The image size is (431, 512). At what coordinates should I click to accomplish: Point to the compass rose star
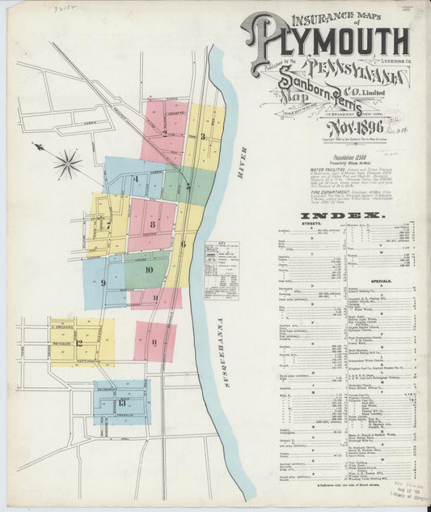click(x=67, y=163)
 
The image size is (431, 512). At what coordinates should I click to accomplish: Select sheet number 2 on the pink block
click(x=164, y=134)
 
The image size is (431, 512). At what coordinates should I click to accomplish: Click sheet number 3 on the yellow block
click(x=203, y=136)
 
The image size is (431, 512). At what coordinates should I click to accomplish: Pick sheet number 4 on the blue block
click(x=136, y=178)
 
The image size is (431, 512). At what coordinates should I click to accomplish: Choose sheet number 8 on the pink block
click(x=151, y=223)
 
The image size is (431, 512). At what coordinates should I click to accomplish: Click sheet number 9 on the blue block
click(x=104, y=282)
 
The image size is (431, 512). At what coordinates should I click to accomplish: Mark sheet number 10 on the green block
click(x=149, y=269)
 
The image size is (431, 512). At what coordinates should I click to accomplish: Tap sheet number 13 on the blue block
click(x=120, y=402)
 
